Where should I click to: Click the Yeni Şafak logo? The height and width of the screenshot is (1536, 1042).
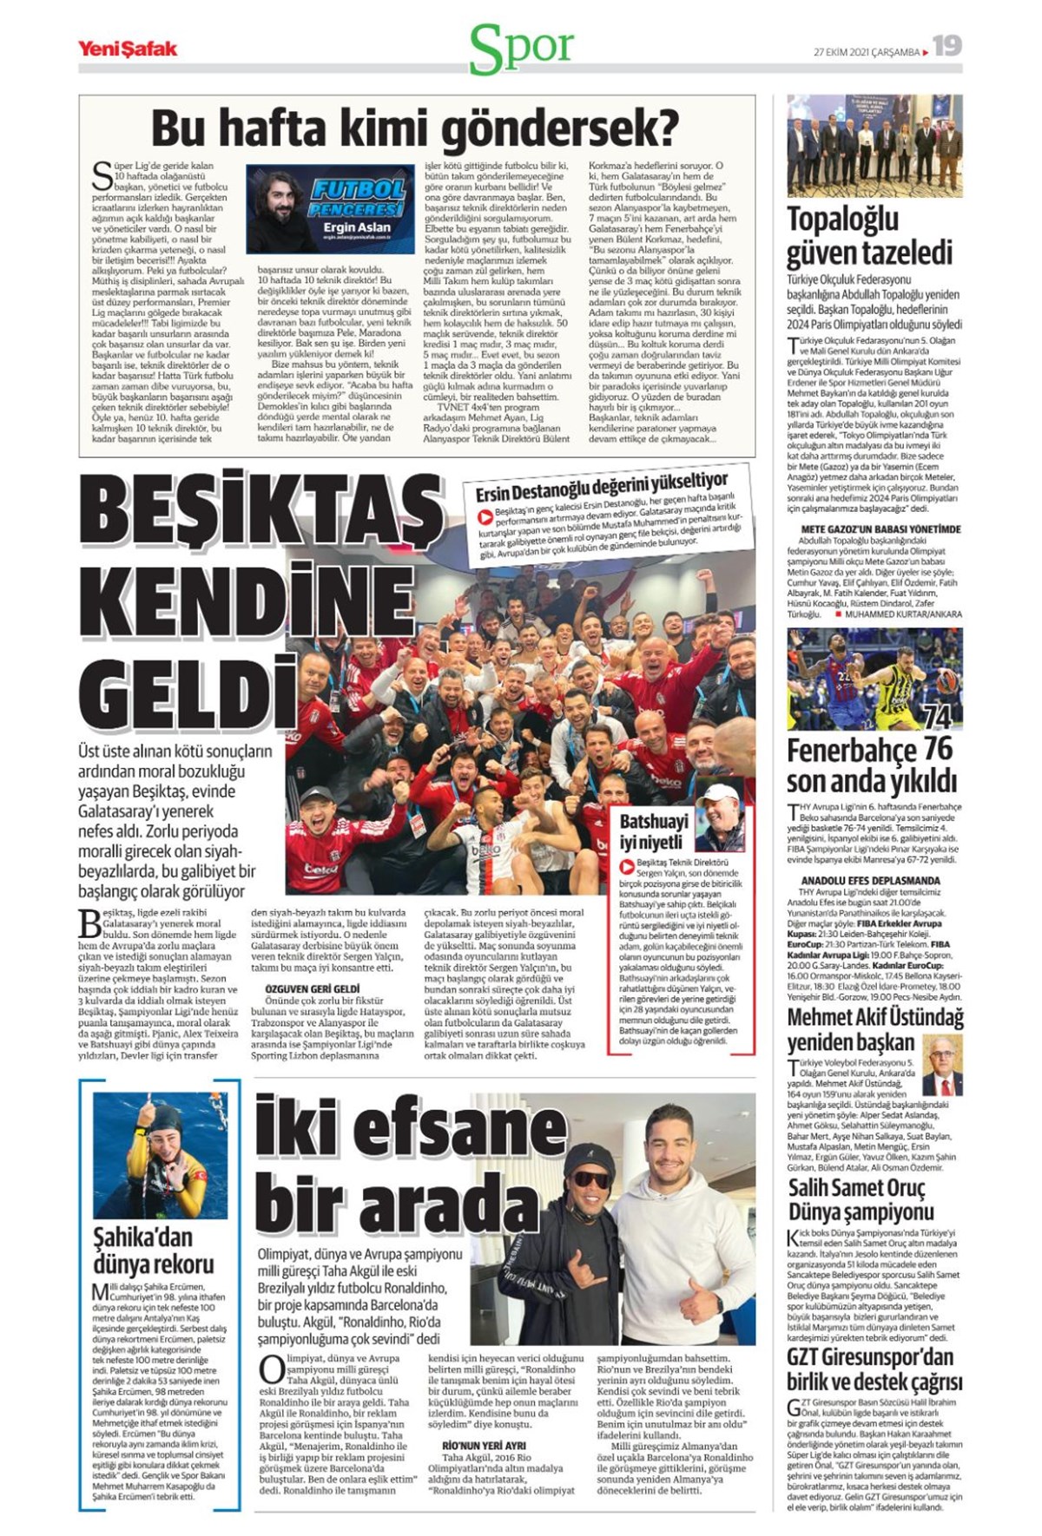[x=127, y=49]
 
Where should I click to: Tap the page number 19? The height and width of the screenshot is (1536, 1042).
[x=947, y=46]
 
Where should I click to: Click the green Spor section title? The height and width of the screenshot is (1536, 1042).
[x=521, y=49]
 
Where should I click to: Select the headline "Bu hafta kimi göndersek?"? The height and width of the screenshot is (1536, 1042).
[x=415, y=128]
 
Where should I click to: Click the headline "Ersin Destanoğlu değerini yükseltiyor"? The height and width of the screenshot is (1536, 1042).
[x=602, y=487]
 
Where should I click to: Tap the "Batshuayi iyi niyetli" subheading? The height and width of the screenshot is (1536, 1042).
[x=654, y=831]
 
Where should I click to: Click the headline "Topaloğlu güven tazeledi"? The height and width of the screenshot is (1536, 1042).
[x=869, y=237]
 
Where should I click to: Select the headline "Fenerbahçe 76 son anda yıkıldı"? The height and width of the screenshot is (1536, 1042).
[x=871, y=765]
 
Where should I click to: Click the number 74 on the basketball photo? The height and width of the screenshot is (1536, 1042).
[x=938, y=717]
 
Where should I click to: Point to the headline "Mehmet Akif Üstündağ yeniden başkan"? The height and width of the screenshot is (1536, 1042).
[x=874, y=1028]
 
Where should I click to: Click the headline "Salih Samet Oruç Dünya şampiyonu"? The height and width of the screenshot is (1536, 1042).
[x=861, y=1199]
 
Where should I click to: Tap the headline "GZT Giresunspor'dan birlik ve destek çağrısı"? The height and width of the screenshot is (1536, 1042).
[x=874, y=1369]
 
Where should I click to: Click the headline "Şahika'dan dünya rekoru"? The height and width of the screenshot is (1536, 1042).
[x=154, y=1250]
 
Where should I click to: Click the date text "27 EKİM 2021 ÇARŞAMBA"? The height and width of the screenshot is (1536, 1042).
[x=866, y=52]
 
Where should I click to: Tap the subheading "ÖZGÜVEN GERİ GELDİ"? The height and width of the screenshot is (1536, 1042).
[x=312, y=988]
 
